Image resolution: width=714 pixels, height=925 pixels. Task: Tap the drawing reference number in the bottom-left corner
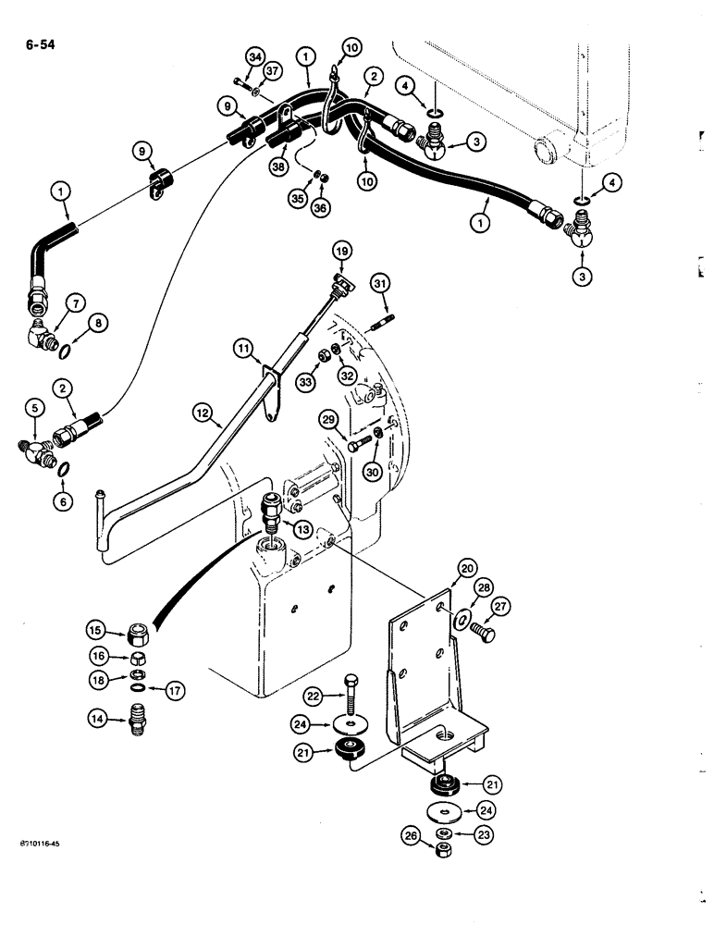(x=42, y=845)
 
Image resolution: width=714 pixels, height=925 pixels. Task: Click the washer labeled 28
(x=462, y=619)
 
